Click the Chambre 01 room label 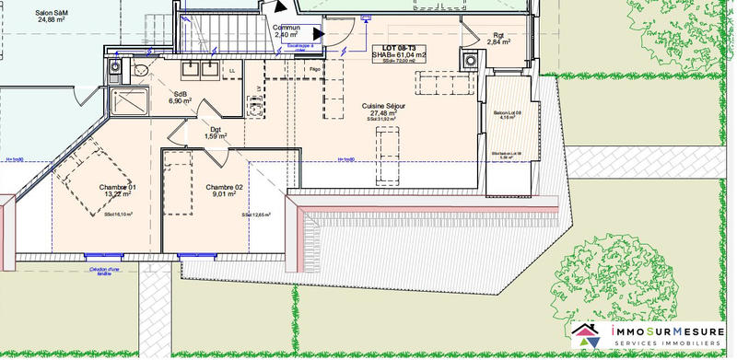tap(118, 187)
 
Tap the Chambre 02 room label tap(225, 187)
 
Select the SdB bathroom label tap(180, 94)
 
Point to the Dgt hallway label tap(215, 130)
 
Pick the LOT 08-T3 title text tap(399, 48)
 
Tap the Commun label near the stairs tap(287, 28)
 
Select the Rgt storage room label tap(498, 35)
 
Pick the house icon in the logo tap(585, 336)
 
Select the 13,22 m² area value tap(118, 194)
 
